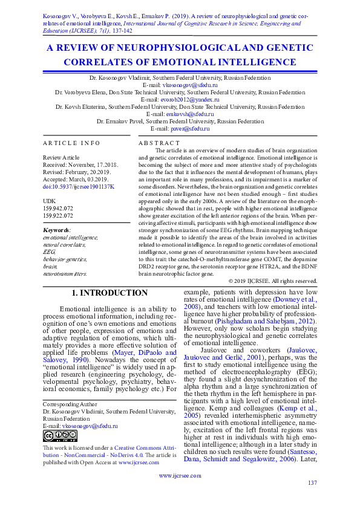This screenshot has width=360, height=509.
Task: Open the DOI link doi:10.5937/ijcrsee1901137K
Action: click(79, 186)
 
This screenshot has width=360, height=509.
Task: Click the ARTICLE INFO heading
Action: click(72, 143)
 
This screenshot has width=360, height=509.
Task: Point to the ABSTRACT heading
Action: click(159, 143)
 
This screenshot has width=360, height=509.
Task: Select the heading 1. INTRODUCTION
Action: click(110, 293)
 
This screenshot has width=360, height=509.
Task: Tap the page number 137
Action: click(312, 482)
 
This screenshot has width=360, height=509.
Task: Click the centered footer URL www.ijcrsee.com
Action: click(180, 476)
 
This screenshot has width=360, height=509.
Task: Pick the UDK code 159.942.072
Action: click(59, 207)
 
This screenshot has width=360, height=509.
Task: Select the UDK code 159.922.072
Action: click(59, 215)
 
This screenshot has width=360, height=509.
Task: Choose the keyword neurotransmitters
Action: click(65, 273)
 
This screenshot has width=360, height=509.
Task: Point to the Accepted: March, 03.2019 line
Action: click(73, 179)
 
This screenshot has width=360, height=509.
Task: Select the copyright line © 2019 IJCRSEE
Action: click(273, 281)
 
